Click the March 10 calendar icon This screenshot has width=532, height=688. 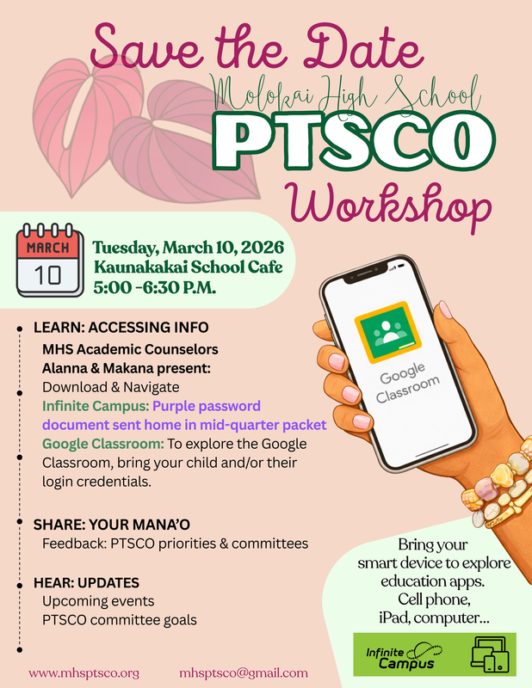(x=51, y=261)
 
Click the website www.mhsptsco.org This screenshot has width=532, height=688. (x=84, y=673)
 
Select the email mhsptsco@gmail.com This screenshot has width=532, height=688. (x=244, y=673)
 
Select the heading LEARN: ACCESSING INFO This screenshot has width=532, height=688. (x=121, y=329)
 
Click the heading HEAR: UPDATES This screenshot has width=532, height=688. (x=86, y=582)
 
